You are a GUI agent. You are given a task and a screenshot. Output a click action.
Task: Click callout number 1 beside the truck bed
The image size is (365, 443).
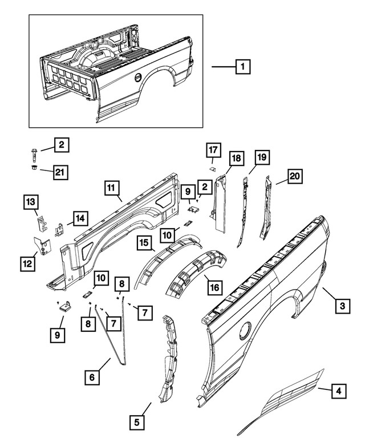(243, 67)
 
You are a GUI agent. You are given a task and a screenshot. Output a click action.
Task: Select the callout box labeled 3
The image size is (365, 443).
(342, 307)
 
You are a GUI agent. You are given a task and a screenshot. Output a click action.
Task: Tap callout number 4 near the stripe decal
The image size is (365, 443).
(339, 391)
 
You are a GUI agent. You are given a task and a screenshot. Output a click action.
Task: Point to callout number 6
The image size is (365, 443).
(91, 377)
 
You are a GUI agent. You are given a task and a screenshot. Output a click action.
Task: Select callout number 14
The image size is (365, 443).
(80, 218)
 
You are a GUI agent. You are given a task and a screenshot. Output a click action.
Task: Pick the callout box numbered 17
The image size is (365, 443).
(213, 150)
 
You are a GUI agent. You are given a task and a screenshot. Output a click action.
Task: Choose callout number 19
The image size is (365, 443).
(262, 157)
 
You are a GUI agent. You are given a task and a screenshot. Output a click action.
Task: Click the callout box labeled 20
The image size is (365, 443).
(294, 177)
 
